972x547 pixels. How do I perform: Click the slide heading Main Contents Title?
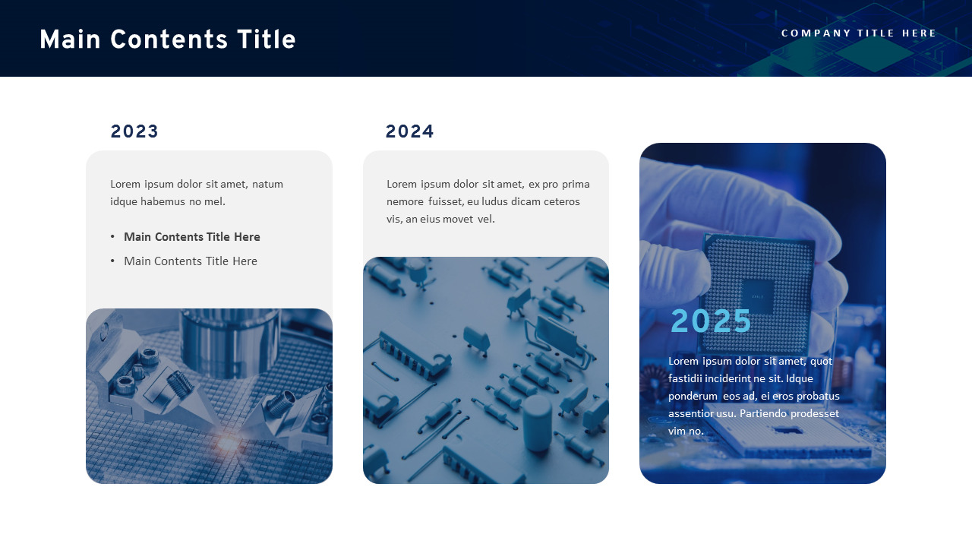[167, 40]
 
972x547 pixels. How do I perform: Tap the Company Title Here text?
[859, 33]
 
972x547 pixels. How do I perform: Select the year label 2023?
[134, 132]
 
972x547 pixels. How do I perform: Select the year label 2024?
[409, 132]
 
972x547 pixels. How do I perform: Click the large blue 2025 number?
[711, 321]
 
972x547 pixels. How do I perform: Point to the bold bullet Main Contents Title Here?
[191, 237]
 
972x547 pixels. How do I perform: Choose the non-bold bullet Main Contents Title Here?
[190, 261]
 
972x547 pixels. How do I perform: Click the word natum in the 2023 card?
[267, 184]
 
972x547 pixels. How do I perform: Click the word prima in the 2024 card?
[576, 184]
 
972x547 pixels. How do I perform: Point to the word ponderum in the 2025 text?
[693, 396]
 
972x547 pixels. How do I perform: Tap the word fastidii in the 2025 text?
[688, 378]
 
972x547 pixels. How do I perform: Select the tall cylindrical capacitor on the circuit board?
[538, 422]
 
